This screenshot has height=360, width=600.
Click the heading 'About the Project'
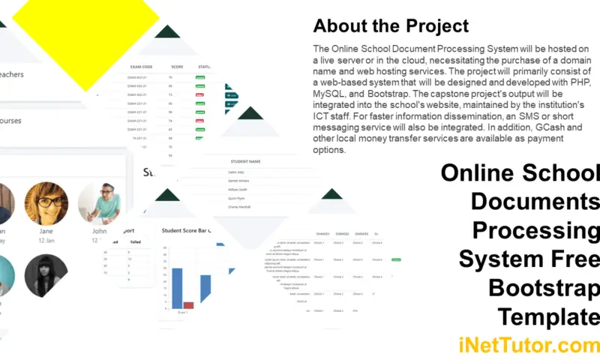391,26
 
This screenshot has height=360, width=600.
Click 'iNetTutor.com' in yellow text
529,345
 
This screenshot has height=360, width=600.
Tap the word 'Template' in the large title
550,315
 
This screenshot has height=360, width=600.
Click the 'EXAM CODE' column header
142,66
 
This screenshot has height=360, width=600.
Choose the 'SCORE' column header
177,66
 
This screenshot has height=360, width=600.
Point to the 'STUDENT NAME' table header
246,161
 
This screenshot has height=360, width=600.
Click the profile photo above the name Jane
46,203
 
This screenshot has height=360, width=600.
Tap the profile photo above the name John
99,203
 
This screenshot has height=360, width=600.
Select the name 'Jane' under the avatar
46,232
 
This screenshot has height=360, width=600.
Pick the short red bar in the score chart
189,305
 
